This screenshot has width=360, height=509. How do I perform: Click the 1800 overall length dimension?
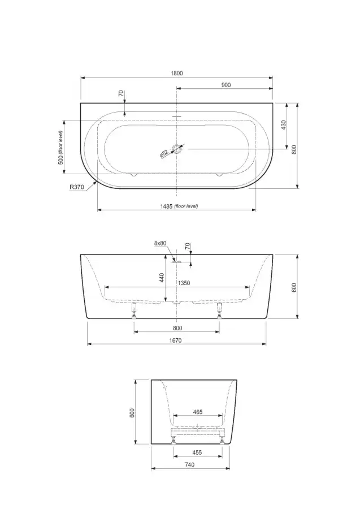click(x=177, y=74)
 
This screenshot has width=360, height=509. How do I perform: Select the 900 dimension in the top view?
click(x=226, y=85)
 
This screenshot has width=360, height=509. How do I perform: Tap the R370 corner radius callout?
click(x=76, y=187)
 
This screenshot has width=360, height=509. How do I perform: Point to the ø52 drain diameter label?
click(x=164, y=153)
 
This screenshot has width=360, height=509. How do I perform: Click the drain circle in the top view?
click(x=177, y=149)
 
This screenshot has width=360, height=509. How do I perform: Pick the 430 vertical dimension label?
click(x=284, y=125)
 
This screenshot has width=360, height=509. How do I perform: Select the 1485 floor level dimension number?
click(x=166, y=206)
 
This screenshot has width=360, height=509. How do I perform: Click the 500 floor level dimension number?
click(x=60, y=159)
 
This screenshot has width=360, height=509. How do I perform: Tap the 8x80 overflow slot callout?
click(x=160, y=243)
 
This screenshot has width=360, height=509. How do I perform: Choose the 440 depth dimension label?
click(x=162, y=278)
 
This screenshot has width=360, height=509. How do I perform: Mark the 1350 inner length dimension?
click(x=184, y=283)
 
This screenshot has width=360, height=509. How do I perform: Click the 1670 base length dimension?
click(x=175, y=340)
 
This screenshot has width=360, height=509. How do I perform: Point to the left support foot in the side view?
click(x=133, y=310)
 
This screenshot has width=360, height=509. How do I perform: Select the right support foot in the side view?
click(x=220, y=310)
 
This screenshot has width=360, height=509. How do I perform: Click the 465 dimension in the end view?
click(x=198, y=412)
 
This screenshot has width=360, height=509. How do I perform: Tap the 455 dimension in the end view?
click(x=197, y=452)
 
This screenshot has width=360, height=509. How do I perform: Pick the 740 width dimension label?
click(x=189, y=465)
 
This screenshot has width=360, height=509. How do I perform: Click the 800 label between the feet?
click(x=177, y=328)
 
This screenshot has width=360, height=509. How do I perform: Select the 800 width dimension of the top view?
click(x=294, y=149)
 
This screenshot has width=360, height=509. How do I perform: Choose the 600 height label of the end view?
click(x=132, y=413)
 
